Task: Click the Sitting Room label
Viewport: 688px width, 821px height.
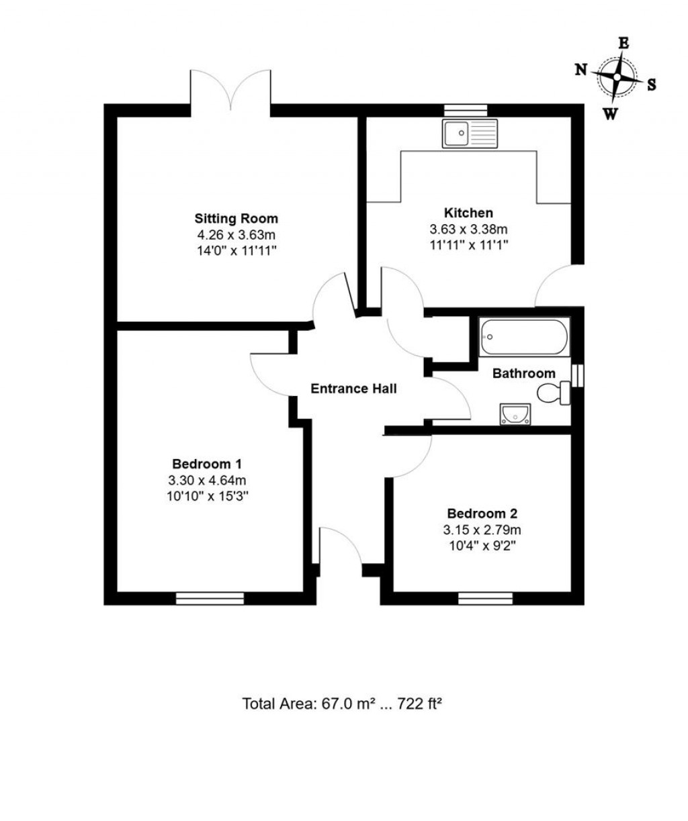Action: pyautogui.click(x=236, y=218)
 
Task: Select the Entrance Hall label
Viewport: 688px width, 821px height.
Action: pyautogui.click(x=353, y=389)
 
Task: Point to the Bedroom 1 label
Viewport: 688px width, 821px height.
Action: pyautogui.click(x=207, y=463)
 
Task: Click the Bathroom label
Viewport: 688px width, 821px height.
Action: pyautogui.click(x=524, y=373)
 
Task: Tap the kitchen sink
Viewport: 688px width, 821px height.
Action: pyautogui.click(x=469, y=133)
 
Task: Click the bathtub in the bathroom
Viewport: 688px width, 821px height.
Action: pyautogui.click(x=524, y=337)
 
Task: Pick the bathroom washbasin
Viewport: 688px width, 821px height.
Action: pyautogui.click(x=515, y=414)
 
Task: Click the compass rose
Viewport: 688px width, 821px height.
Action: pyautogui.click(x=617, y=78)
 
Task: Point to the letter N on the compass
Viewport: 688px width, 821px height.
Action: pyautogui.click(x=581, y=69)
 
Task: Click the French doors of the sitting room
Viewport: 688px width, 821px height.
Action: pyautogui.click(x=230, y=91)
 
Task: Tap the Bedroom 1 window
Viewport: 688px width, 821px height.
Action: pyautogui.click(x=209, y=598)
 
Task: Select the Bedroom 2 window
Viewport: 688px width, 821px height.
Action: pyautogui.click(x=485, y=598)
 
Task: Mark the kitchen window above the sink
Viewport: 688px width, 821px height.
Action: pyautogui.click(x=466, y=110)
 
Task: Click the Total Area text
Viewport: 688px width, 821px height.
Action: pyautogui.click(x=343, y=704)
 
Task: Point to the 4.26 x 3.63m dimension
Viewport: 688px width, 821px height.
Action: pyautogui.click(x=236, y=235)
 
